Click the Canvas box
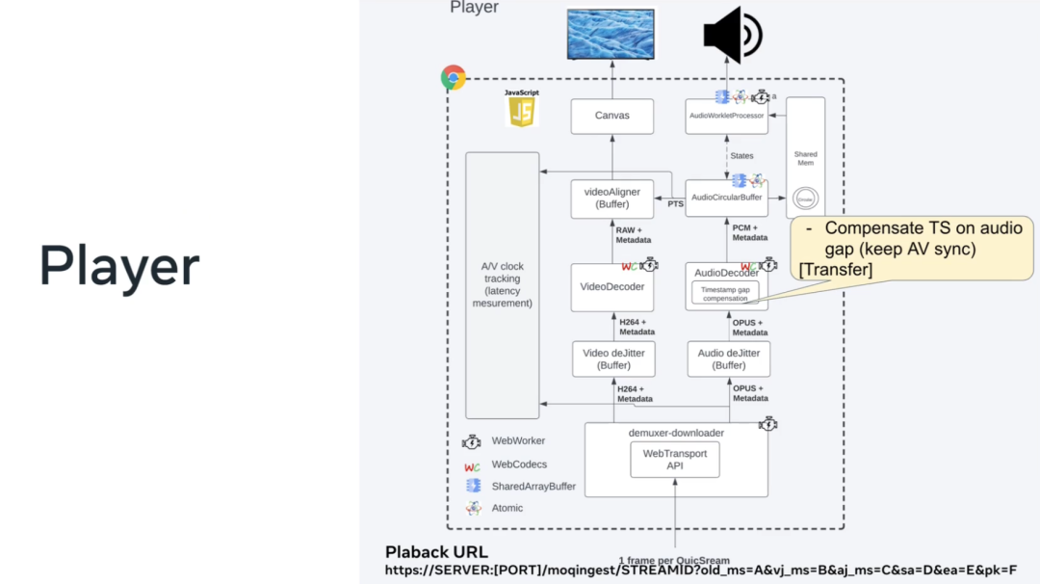(611, 116)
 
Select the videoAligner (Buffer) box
(611, 198)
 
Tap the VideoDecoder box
(611, 286)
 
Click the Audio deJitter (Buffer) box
(729, 359)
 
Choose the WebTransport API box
(675, 460)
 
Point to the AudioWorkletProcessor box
(727, 116)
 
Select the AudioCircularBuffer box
(727, 198)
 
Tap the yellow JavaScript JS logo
(521, 111)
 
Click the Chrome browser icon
(453, 78)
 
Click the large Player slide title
(119, 266)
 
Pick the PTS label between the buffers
(676, 203)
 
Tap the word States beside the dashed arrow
(742, 155)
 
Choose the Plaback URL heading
(436, 552)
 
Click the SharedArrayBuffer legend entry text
(533, 487)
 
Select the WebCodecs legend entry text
(519, 465)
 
